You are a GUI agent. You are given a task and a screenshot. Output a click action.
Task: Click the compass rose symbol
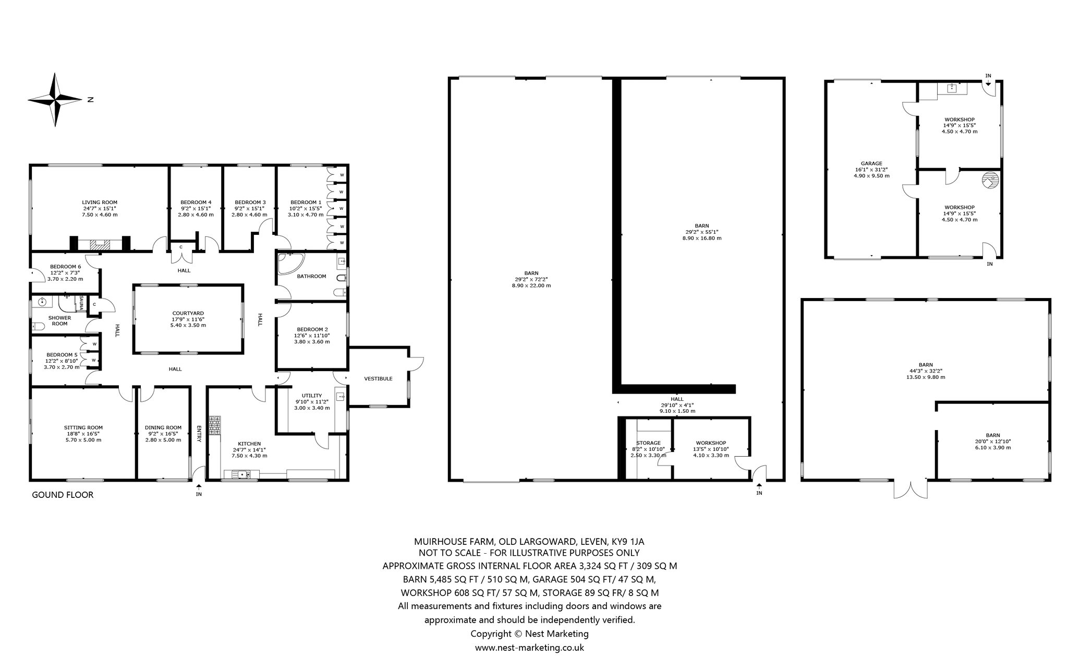click(x=55, y=99)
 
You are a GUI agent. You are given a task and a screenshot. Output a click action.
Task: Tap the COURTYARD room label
click(x=188, y=313)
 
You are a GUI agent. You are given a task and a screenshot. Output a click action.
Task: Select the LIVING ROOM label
click(x=100, y=202)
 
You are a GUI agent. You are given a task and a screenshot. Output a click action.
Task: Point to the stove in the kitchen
click(x=215, y=425)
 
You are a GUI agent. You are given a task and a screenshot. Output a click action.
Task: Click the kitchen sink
click(x=241, y=474)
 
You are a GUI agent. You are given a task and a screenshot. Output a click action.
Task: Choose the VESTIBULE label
click(x=378, y=379)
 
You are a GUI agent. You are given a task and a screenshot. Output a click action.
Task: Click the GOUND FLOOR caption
click(x=63, y=495)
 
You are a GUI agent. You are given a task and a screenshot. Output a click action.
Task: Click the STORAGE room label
click(x=648, y=443)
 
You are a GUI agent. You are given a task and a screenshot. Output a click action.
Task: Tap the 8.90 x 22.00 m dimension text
click(x=531, y=285)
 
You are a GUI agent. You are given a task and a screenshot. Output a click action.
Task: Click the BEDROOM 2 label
click(x=312, y=329)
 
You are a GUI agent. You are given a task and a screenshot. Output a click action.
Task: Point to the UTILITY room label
click(x=312, y=396)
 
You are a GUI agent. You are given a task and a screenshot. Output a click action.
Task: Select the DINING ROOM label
click(x=163, y=427)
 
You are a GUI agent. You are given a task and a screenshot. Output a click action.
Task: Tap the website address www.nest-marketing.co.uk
click(x=529, y=648)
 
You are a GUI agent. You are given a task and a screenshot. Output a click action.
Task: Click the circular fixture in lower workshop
click(x=990, y=181)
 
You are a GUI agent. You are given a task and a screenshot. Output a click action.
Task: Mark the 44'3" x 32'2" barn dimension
click(x=926, y=371)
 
